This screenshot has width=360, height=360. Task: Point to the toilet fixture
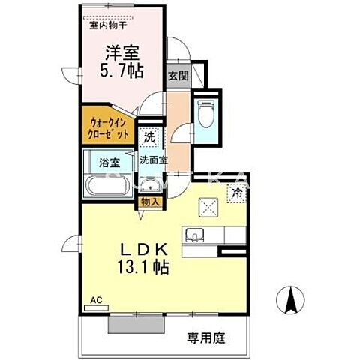[207, 113]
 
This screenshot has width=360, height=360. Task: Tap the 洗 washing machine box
[148, 138]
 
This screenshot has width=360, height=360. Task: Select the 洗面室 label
[154, 160]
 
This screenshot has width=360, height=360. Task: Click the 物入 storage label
[148, 202]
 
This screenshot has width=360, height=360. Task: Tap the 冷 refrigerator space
[238, 192]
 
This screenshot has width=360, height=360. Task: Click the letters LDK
[142, 250]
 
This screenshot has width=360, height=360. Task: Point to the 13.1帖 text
[142, 267]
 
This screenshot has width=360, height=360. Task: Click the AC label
[94, 298]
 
